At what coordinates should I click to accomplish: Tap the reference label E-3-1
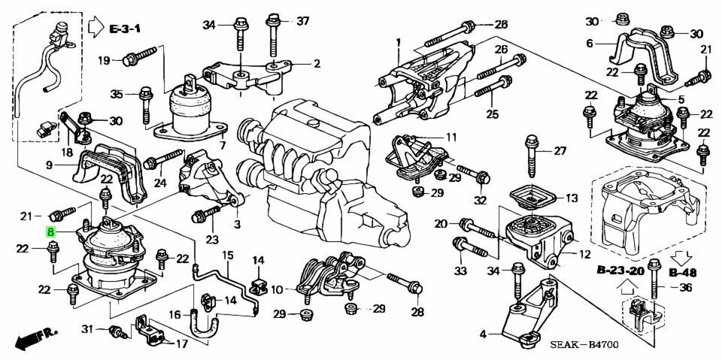pyautogui.click(x=124, y=29)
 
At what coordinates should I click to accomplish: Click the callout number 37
pyautogui.click(x=303, y=21)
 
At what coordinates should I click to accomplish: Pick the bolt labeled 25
pyautogui.click(x=493, y=87)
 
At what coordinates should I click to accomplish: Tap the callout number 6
pyautogui.click(x=590, y=44)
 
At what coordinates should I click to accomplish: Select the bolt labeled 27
pyautogui.click(x=532, y=156)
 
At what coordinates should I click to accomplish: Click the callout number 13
pyautogui.click(x=572, y=198)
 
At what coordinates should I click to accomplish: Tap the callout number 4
pyautogui.click(x=483, y=334)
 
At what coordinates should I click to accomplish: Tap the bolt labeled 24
pyautogui.click(x=163, y=159)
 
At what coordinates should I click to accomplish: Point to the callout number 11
pyautogui.click(x=450, y=138)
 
